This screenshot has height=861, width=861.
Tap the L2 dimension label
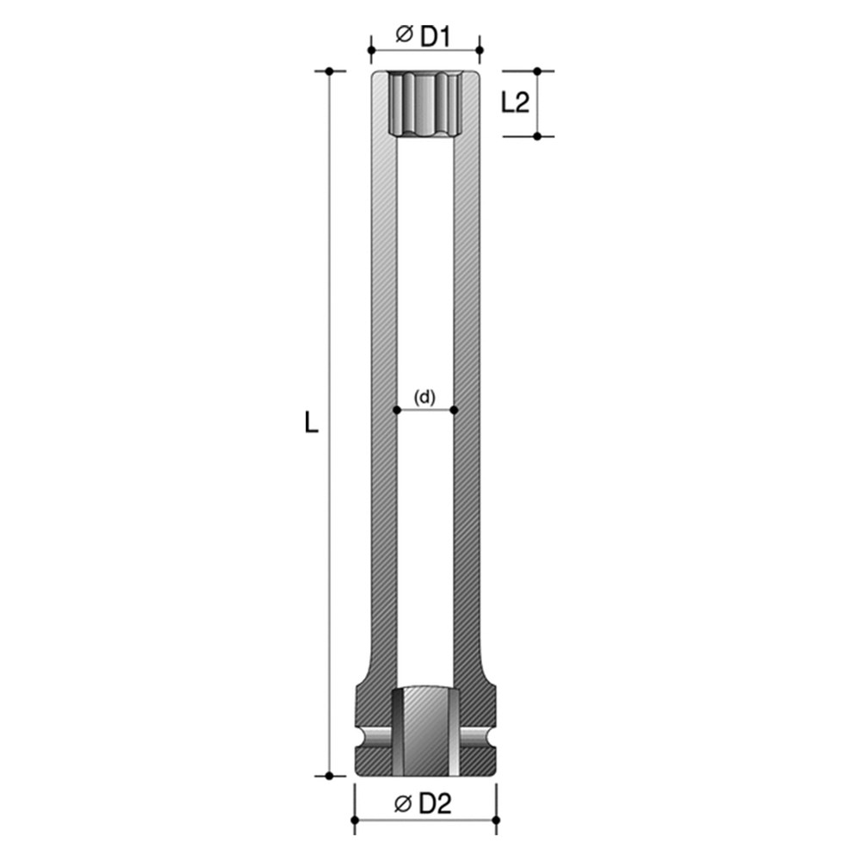(514, 103)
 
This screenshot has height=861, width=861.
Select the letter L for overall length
(312, 423)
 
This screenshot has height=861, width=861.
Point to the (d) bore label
(424, 397)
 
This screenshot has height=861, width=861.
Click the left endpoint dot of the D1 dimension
(371, 50)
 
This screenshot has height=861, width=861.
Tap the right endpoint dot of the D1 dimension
(479, 50)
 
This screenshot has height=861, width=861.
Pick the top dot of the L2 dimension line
(537, 71)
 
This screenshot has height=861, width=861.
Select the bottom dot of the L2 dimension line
(537, 136)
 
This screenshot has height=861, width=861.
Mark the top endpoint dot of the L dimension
(329, 71)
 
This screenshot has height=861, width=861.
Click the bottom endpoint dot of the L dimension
(329, 775)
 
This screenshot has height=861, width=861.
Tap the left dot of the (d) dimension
(397, 410)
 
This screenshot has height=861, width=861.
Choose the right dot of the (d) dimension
(454, 410)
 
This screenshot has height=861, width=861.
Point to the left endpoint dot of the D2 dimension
(355, 819)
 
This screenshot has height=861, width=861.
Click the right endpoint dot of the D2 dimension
(496, 819)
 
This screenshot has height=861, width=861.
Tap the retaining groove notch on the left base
(370, 736)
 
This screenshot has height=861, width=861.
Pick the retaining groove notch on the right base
(480, 736)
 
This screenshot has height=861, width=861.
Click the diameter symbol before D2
(401, 804)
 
